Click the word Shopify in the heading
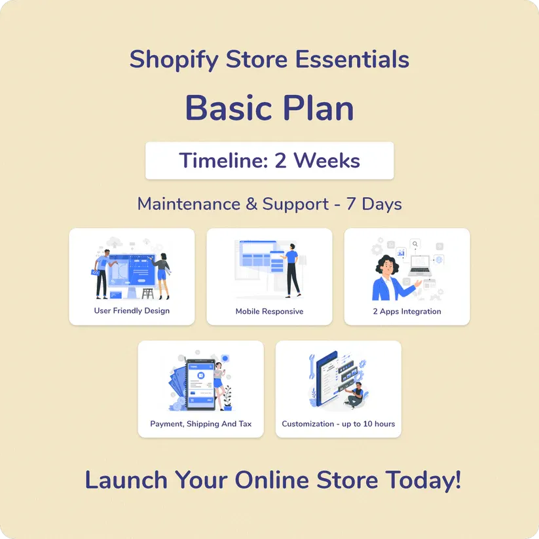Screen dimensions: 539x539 click(174, 60)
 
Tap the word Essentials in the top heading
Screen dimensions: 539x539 click(352, 59)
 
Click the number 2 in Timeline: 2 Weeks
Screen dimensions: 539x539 click(280, 160)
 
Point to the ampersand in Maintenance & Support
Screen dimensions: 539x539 click(251, 204)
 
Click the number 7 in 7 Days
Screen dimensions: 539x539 click(350, 204)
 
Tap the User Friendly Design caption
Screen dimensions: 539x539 click(132, 310)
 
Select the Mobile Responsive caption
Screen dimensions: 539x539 click(270, 312)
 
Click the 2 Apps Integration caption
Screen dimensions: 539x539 click(407, 312)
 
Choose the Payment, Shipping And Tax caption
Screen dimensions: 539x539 click(201, 424)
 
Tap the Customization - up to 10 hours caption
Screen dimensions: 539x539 click(338, 424)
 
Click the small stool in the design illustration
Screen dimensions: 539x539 click(148, 293)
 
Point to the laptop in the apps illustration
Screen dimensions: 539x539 click(420, 266)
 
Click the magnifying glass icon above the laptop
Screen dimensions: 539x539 click(415, 244)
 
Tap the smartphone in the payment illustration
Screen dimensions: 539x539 click(200, 384)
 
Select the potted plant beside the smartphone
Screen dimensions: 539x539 click(227, 398)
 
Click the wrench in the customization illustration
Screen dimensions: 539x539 click(312, 367)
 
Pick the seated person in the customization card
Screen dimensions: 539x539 click(355, 396)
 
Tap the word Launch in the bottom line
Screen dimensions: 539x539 click(126, 480)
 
